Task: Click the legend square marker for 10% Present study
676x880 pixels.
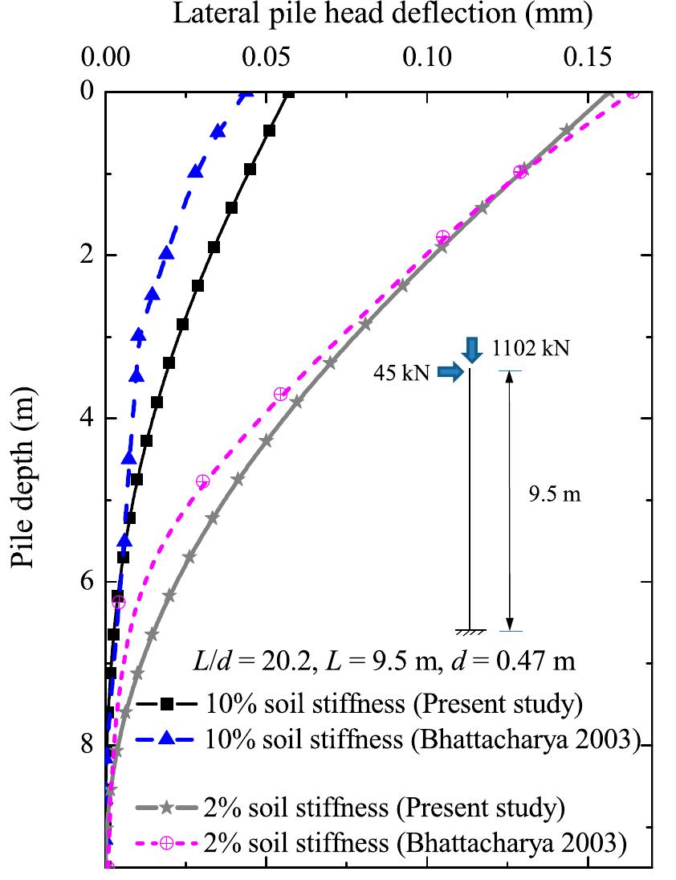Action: [x=166, y=704]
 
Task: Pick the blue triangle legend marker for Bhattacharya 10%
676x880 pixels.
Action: [x=166, y=738]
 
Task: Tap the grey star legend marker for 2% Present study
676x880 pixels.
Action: [x=166, y=807]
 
